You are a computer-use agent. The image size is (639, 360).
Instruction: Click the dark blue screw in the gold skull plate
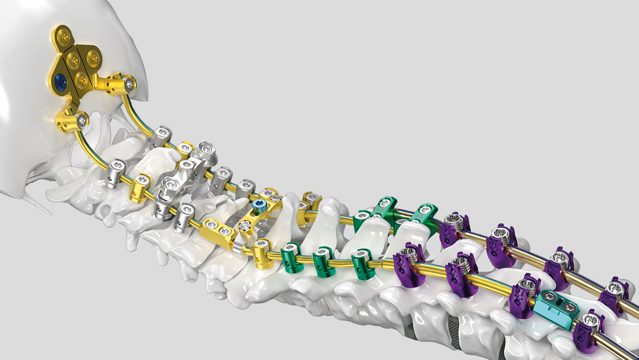[x=60, y=81]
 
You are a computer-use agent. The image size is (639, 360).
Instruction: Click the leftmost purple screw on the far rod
[x=452, y=225]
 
